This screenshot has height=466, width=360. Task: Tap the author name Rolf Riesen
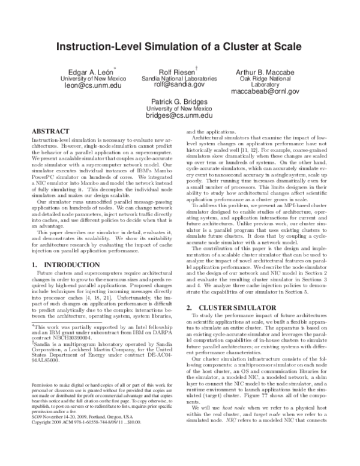click(x=177, y=72)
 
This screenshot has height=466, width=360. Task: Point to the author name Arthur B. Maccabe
click(x=265, y=72)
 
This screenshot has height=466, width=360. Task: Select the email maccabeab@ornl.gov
click(x=265, y=92)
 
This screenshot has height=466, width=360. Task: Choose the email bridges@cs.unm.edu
click(x=180, y=115)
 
